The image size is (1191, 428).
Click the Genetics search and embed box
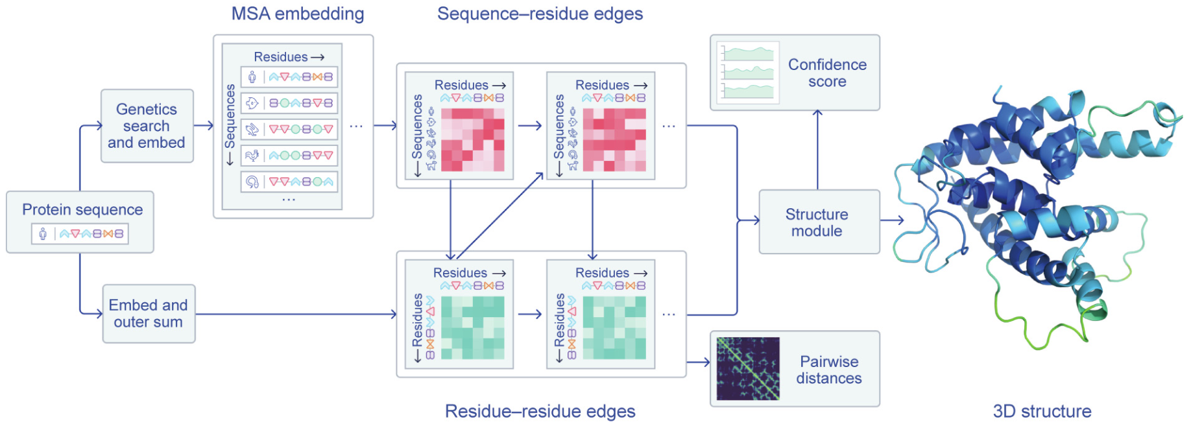[x=147, y=126]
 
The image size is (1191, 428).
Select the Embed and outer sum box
[x=149, y=314]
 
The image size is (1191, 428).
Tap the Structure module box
[x=819, y=222]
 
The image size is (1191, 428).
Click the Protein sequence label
[x=82, y=209]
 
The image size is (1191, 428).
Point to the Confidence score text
[x=827, y=73]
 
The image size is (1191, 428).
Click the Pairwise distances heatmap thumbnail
[x=748, y=368]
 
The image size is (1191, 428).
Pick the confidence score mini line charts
[x=748, y=73]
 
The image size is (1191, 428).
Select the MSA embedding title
[x=298, y=14]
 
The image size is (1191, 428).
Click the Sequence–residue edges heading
[x=540, y=14]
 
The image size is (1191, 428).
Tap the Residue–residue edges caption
[x=540, y=411]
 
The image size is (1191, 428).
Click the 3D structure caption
[x=1042, y=411]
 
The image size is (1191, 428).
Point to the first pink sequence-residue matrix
[x=472, y=139]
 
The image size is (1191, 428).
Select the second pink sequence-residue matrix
[x=614, y=139]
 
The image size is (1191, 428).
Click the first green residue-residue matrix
[x=472, y=327]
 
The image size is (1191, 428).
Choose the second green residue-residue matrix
[x=614, y=327]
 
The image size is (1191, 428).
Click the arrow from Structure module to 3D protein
[x=892, y=220]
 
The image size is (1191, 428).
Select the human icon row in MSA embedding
[x=289, y=77]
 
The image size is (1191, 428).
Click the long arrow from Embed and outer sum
[x=295, y=315]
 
